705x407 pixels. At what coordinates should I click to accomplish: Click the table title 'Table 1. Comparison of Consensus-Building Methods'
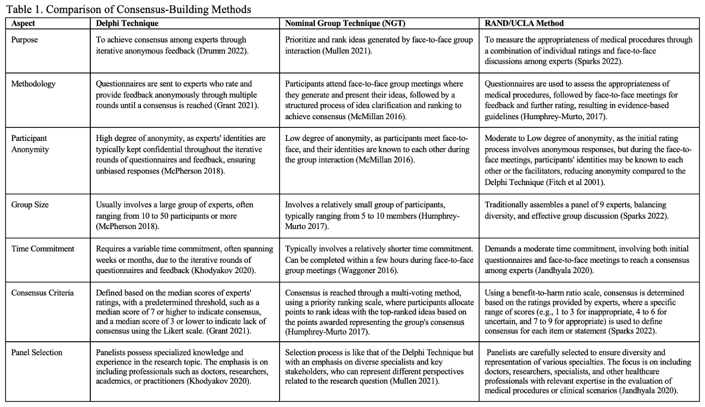128,9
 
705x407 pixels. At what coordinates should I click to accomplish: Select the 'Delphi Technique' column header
127,23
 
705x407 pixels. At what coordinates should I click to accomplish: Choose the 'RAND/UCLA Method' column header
524,23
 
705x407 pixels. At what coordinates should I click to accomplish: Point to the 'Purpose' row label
25,40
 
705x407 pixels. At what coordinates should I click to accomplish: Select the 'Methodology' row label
33,84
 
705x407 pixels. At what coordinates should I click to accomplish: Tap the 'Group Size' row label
30,205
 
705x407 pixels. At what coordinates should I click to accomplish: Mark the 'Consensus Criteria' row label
42,293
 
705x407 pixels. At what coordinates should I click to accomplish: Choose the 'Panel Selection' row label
36,353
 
